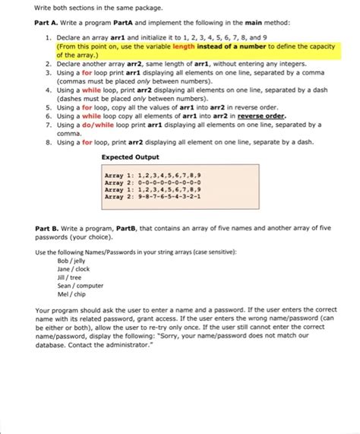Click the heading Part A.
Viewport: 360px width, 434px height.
(x=47, y=23)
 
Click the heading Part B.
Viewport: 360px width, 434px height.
(x=47, y=227)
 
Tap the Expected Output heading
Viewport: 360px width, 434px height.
(x=130, y=157)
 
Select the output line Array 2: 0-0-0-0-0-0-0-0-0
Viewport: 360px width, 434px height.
(x=153, y=182)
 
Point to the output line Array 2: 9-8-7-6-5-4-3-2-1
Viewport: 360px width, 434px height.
(x=153, y=196)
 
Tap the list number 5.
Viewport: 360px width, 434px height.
(x=48, y=107)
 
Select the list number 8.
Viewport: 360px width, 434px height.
(x=48, y=141)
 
